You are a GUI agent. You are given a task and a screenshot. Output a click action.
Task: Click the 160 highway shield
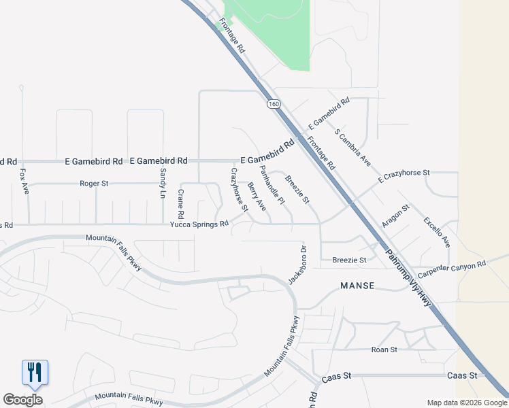coord(273,104)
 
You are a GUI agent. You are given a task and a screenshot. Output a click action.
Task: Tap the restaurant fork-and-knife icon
coord(35,372)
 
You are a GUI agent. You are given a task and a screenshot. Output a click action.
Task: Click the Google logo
coord(22,400)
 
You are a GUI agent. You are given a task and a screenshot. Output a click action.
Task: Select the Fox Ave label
coord(24,177)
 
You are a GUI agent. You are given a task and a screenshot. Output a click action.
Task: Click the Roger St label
coord(94,184)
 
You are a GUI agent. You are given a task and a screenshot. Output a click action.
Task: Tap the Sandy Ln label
coord(163,183)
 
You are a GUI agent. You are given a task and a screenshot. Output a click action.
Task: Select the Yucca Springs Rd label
coord(199,224)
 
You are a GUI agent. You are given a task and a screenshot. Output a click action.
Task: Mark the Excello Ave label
coord(437,232)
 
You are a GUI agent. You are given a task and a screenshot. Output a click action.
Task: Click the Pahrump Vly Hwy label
coord(409,277)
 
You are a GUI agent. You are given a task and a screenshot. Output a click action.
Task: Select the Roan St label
coord(384,350)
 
